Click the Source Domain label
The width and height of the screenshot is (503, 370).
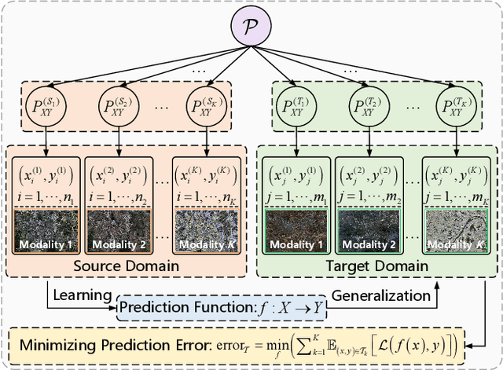(126, 266)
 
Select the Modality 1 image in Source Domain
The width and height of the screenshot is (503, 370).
(46, 229)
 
